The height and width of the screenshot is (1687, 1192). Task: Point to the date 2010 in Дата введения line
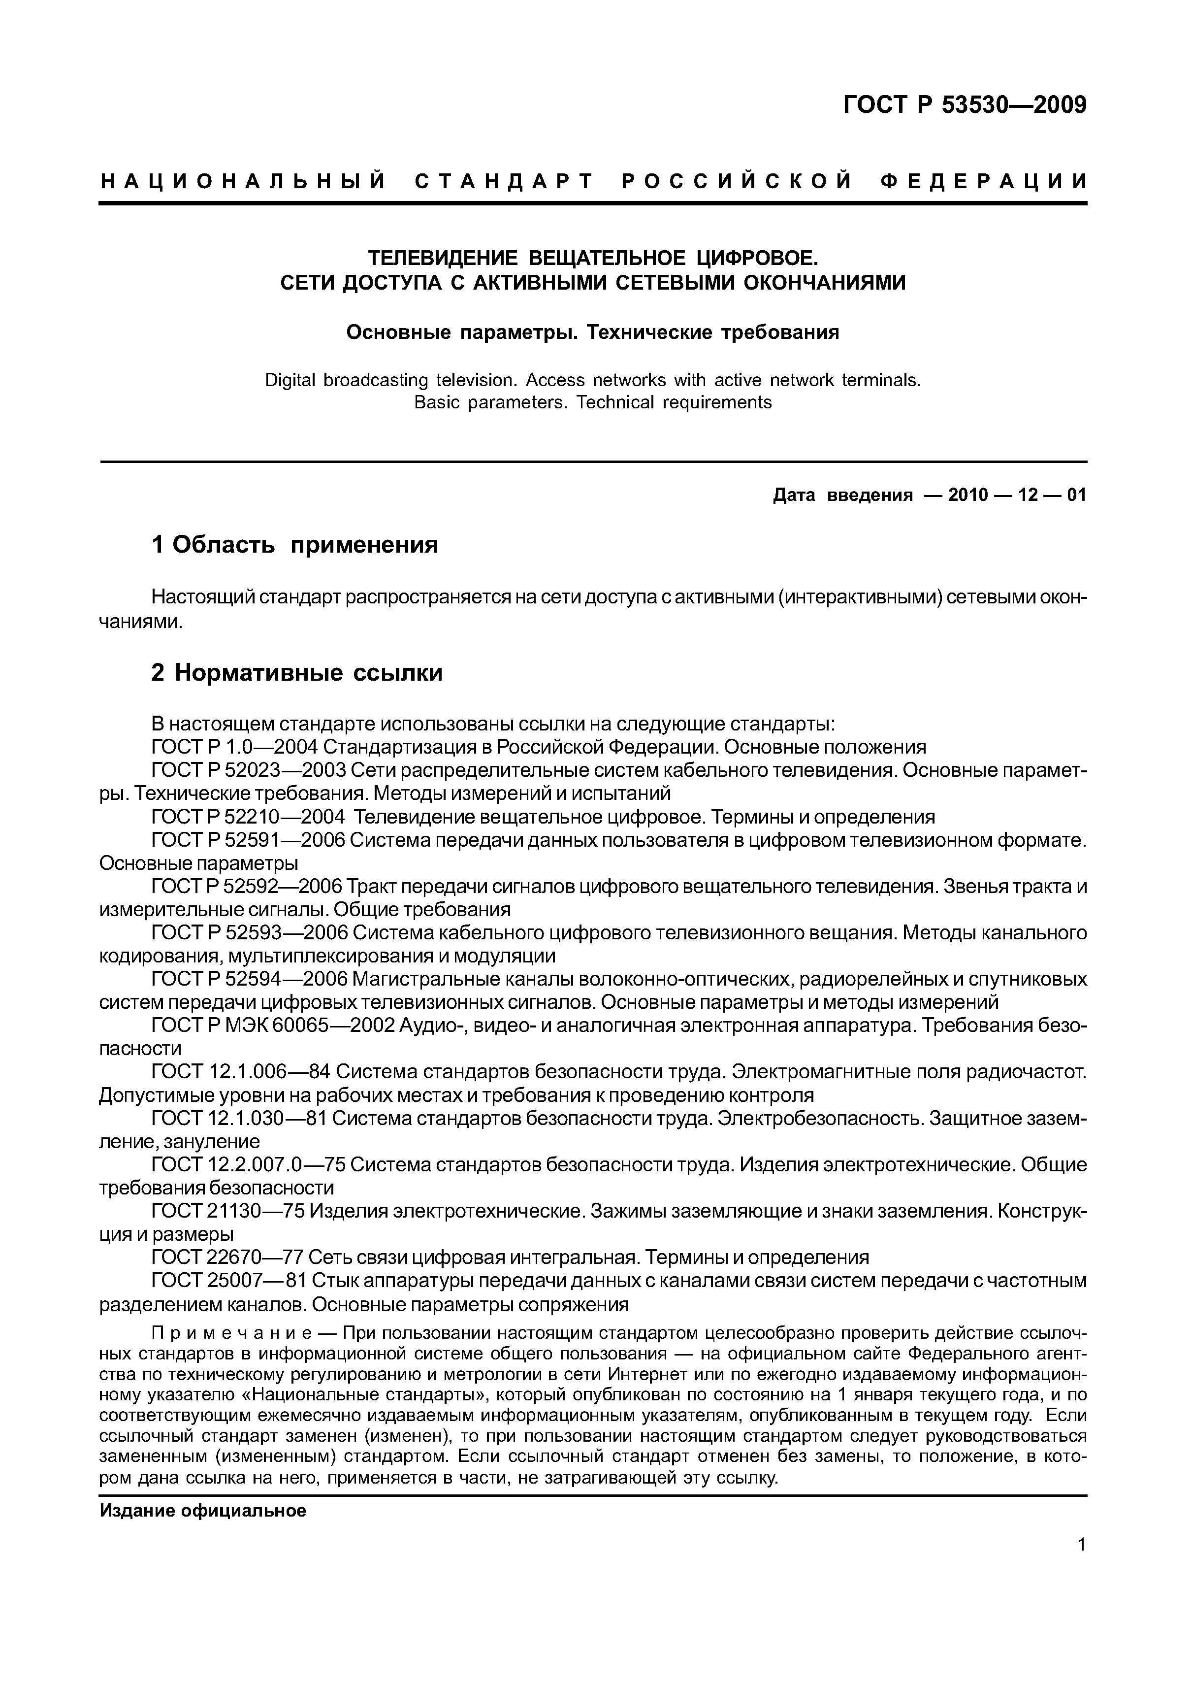click(969, 495)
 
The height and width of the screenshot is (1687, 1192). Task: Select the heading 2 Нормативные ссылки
click(297, 672)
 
